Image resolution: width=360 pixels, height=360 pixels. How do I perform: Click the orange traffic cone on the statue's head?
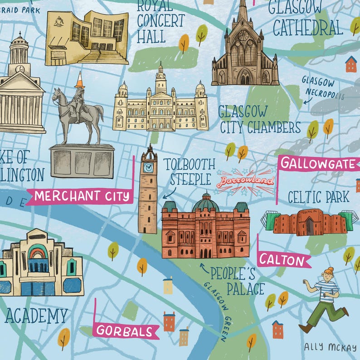click(79, 79)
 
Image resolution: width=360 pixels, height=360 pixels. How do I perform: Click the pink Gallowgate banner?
click(317, 164)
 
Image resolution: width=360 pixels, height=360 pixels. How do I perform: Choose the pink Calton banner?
click(283, 260)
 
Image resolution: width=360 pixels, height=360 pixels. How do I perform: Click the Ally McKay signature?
click(330, 347)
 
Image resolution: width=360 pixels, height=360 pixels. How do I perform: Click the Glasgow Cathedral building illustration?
click(244, 50)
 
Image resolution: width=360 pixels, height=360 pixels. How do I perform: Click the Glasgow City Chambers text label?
click(260, 119)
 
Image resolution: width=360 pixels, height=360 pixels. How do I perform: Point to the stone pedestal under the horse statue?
click(82, 161)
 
